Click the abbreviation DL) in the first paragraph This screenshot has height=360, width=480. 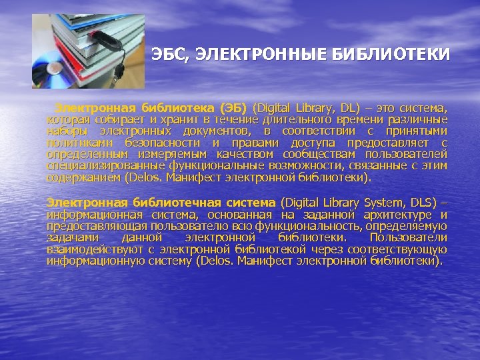tap(350, 107)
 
